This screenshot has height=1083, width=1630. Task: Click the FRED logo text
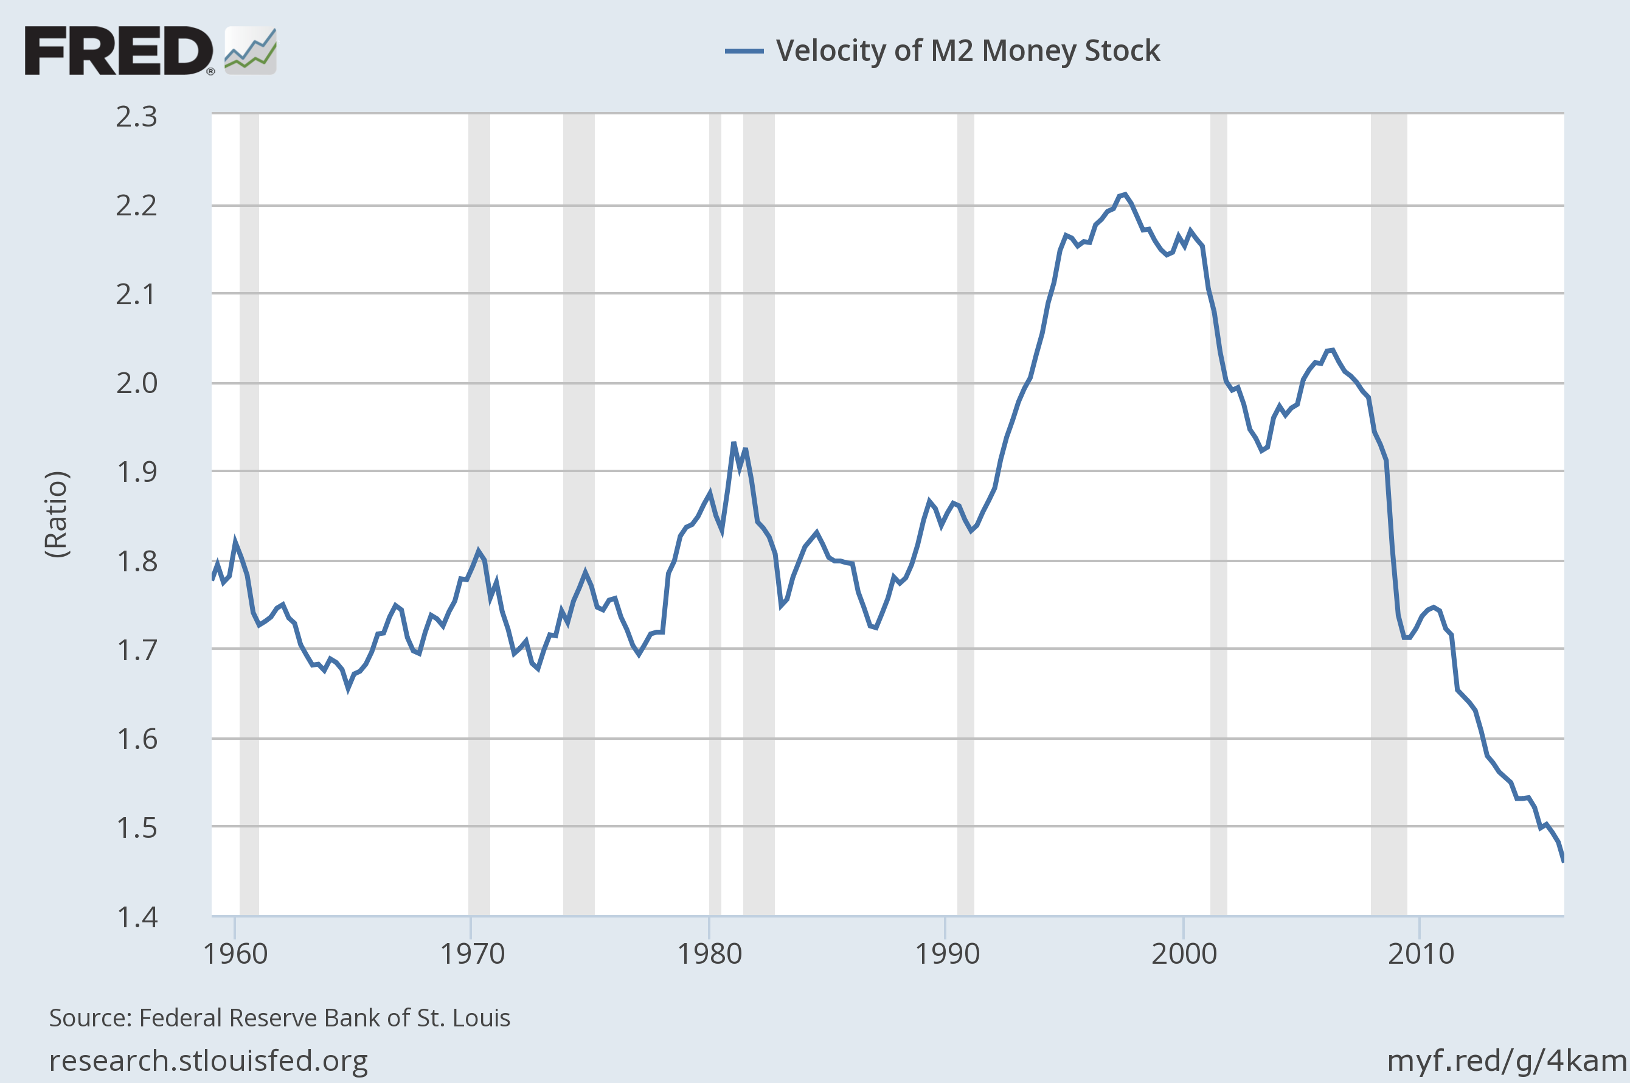[119, 50]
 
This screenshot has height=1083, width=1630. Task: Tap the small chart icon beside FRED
[251, 50]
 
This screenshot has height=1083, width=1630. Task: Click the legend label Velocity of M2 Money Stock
[967, 50]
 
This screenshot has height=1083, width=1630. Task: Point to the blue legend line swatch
[744, 50]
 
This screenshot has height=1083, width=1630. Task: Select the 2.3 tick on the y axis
[137, 117]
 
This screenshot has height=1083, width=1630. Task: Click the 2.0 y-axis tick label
[137, 383]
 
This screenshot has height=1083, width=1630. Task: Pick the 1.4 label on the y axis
[137, 918]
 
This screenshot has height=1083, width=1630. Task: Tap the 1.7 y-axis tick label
[137, 650]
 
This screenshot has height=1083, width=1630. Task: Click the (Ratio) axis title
[57, 514]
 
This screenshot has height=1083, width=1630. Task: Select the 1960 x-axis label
[235, 954]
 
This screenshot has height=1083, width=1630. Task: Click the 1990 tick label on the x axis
[946, 954]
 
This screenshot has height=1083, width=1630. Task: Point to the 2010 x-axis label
[1421, 954]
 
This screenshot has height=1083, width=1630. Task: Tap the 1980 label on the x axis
[710, 954]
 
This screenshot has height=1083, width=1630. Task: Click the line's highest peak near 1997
[1125, 195]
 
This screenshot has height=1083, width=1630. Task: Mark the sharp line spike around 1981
[734, 444]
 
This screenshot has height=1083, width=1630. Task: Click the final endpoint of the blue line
[1563, 860]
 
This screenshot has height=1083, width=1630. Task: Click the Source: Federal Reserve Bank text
[280, 1018]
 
